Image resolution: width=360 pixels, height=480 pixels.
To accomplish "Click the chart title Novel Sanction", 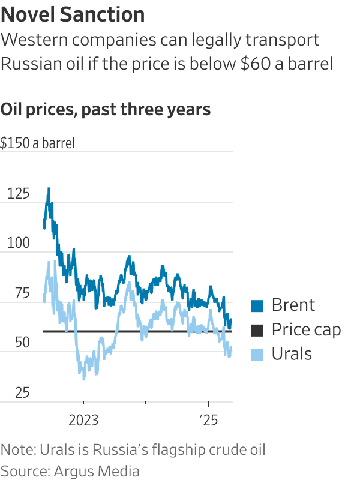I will [73, 14].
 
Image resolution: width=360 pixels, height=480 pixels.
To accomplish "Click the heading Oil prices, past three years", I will [106, 109].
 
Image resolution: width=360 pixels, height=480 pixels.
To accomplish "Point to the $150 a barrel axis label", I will [37, 144].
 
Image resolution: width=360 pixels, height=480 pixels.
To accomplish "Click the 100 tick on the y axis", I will [20, 244].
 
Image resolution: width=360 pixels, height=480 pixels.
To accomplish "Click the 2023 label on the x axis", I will [83, 419].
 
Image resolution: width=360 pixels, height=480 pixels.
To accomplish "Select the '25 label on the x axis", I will [208, 419].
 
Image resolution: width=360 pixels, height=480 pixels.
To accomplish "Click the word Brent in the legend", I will [293, 305].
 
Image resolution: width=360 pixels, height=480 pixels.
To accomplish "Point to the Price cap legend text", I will [306, 329].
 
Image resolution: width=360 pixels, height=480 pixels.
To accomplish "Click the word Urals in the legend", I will [292, 354].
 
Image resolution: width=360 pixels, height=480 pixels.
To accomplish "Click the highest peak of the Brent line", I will [49, 188].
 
